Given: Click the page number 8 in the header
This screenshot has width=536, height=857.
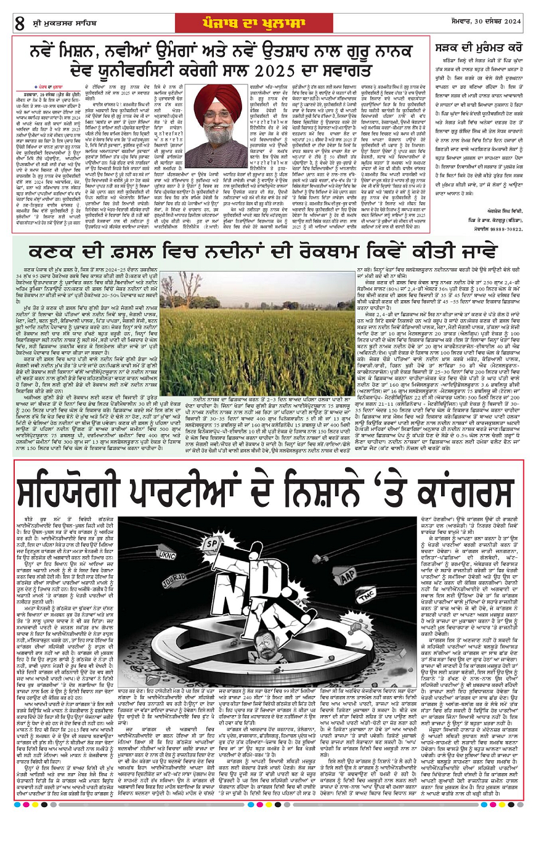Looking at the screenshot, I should (x=19, y=24).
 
